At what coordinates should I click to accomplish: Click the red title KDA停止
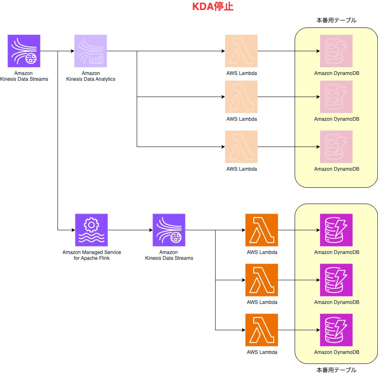212,7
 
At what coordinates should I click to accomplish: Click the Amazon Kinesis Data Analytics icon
91,51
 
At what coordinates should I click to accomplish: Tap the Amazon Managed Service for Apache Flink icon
91,230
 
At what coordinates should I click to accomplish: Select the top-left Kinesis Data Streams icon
24,51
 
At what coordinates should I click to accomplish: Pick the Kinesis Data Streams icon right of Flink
169,230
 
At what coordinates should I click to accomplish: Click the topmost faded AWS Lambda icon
241,51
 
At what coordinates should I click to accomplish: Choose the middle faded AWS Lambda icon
241,97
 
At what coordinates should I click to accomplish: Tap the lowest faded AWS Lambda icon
241,147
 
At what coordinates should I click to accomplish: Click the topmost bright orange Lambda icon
262,230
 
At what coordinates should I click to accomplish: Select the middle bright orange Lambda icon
262,280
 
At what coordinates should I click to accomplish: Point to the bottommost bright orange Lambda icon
262,330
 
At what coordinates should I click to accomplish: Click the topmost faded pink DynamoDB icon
336,51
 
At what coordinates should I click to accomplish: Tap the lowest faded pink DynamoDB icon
336,147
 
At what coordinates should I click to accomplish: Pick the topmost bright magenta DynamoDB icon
336,230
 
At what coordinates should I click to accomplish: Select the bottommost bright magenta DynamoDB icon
336,330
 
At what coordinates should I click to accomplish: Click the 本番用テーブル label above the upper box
336,20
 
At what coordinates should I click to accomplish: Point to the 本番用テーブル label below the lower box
336,370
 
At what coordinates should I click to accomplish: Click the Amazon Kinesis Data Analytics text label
91,76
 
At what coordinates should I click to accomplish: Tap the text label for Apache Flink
92,255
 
